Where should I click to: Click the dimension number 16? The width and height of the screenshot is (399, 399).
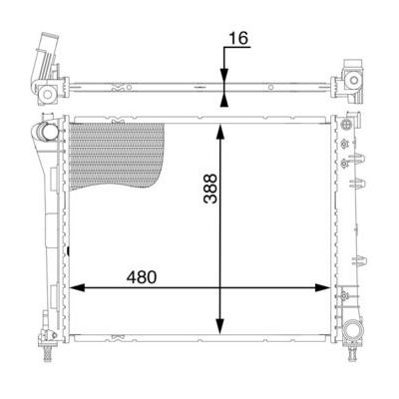238,38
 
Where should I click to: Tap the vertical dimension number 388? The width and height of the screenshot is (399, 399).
210,189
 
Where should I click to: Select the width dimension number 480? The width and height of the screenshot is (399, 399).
142,277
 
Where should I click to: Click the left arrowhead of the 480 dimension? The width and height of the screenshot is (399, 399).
77,288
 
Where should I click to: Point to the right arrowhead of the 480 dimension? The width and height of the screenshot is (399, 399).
322,288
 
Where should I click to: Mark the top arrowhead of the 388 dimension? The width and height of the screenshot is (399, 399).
219,131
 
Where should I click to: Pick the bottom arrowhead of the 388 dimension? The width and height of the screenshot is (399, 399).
219,326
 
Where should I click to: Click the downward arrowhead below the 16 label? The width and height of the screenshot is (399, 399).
224,76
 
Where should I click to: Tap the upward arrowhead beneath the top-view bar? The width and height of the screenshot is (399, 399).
224,99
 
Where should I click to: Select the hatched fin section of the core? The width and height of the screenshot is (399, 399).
116,155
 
